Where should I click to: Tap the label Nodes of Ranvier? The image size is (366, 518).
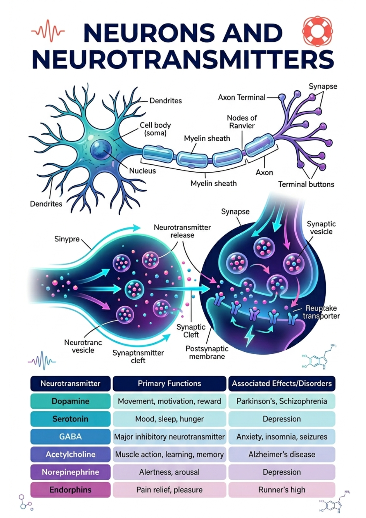click(242, 122)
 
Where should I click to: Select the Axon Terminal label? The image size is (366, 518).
click(241, 97)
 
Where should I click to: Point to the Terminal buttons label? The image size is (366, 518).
click(306, 184)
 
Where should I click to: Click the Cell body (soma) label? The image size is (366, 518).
click(155, 129)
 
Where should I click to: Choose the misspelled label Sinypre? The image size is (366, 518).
click(67, 239)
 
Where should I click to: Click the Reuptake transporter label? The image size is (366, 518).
click(321, 312)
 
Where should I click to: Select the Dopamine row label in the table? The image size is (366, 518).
click(70, 401)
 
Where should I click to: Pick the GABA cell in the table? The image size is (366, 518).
click(70, 437)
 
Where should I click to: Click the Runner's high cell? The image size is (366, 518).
click(282, 490)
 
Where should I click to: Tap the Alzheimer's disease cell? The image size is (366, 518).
click(282, 454)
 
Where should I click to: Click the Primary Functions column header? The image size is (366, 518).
click(169, 383)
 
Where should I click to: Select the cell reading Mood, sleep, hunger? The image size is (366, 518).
click(169, 419)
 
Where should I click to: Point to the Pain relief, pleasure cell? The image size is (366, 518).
click(169, 490)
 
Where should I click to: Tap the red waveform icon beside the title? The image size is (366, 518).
click(48, 31)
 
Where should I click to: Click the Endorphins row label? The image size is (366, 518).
click(70, 490)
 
